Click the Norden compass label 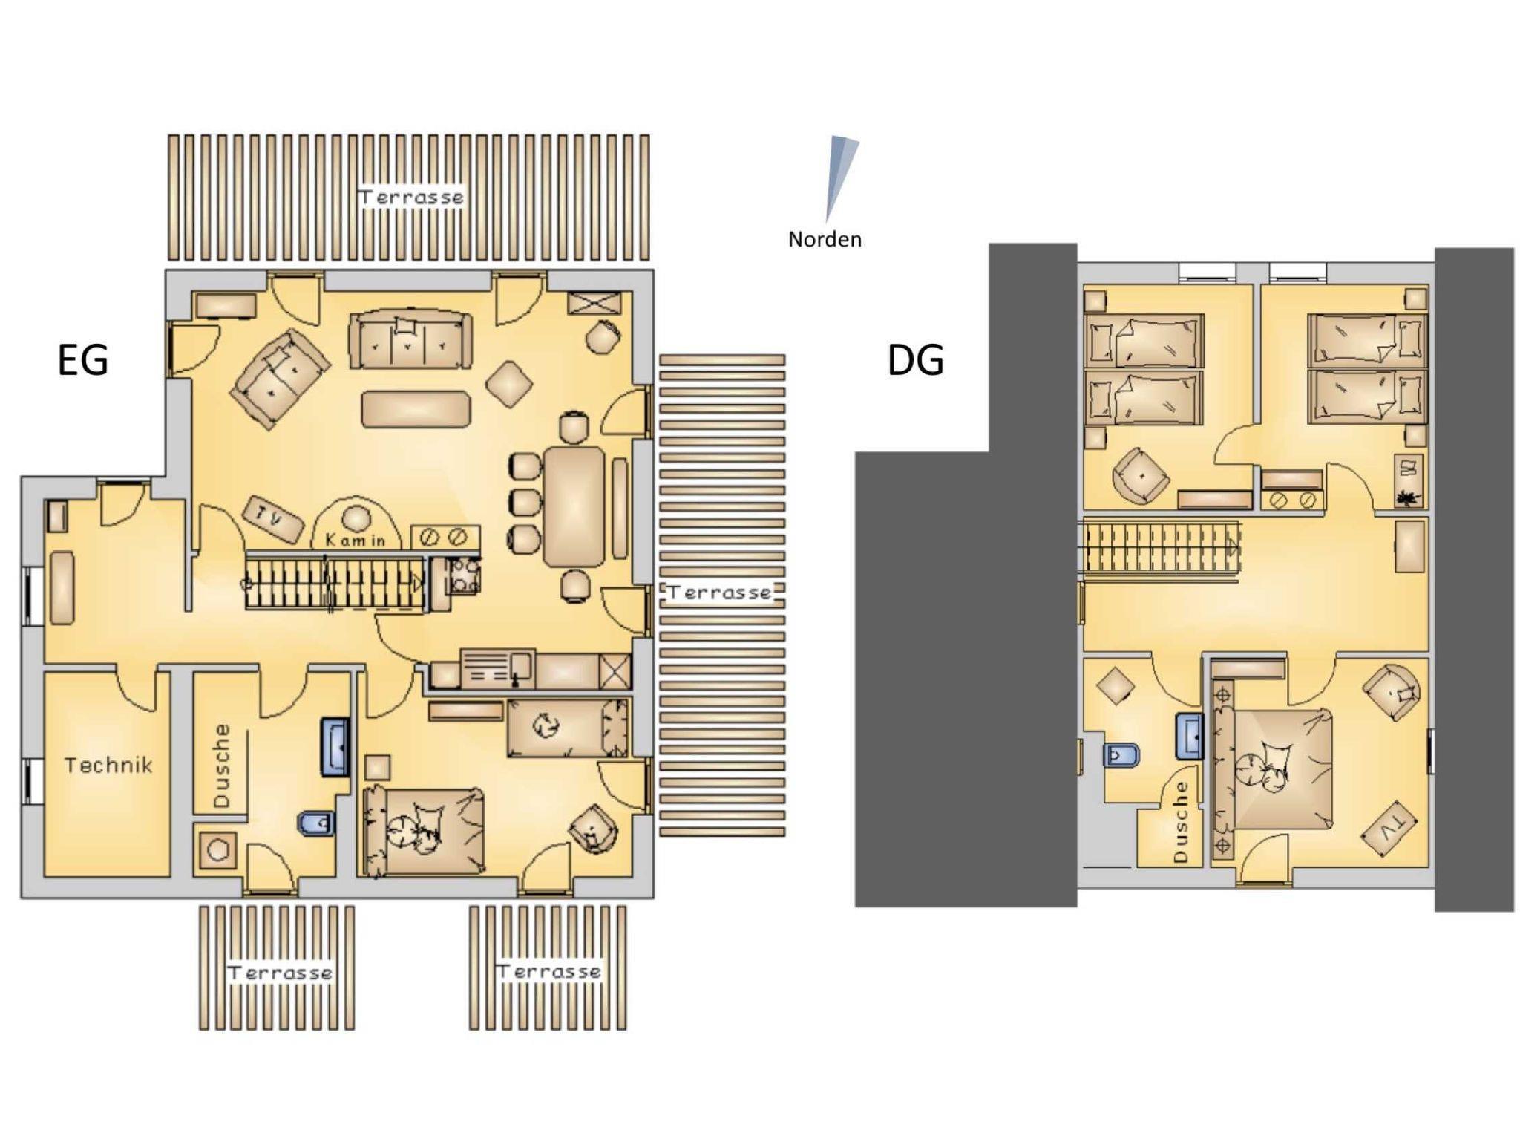click(x=825, y=239)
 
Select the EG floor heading click(x=83, y=360)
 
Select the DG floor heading click(x=915, y=360)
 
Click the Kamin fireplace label click(x=356, y=541)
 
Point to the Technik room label click(x=108, y=765)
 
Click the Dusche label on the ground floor click(x=221, y=766)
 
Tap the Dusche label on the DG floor click(x=1181, y=822)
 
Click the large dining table click(x=574, y=506)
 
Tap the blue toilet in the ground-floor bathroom click(x=316, y=823)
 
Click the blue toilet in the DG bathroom click(x=1122, y=756)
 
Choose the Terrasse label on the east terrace click(x=719, y=593)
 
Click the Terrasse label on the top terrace click(x=411, y=197)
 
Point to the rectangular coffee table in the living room click(x=416, y=409)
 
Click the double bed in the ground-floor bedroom click(x=424, y=832)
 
